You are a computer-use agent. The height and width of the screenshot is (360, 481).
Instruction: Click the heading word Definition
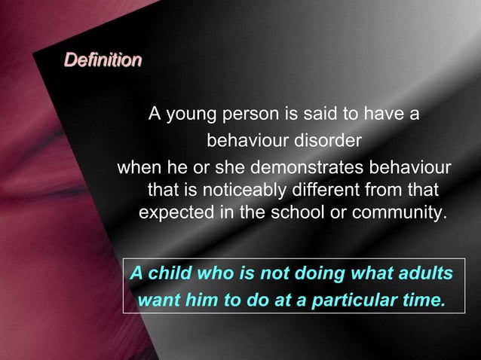[103, 59]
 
